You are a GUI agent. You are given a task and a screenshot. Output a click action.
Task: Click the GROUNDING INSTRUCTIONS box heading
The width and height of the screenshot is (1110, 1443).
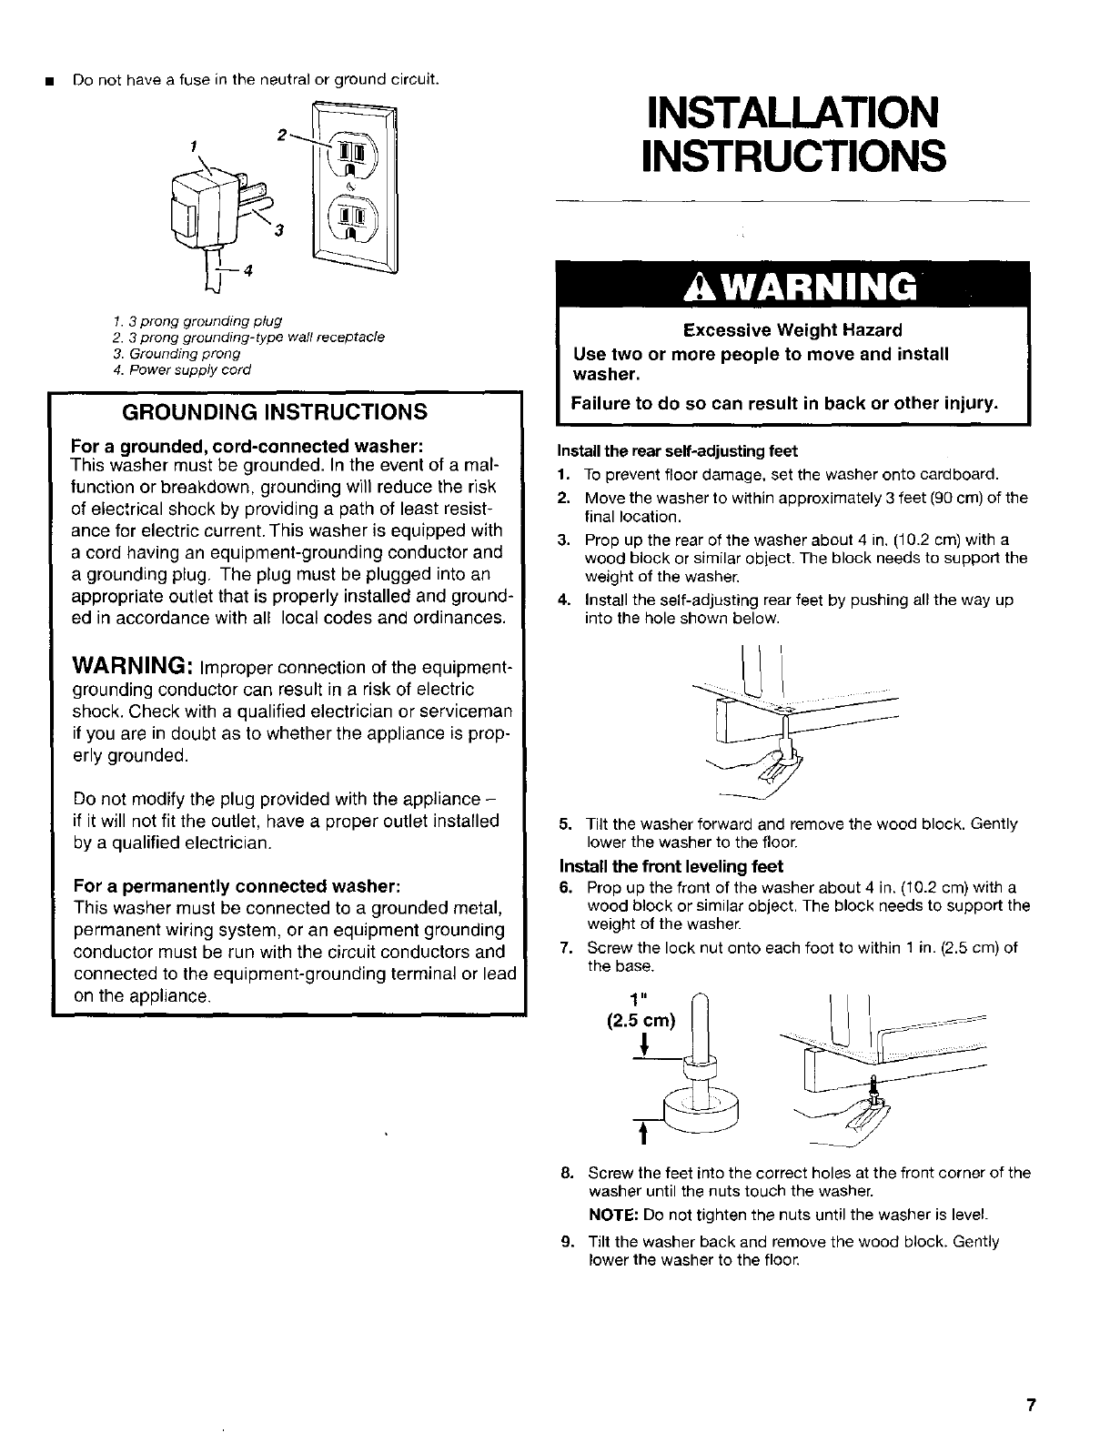pos(275,411)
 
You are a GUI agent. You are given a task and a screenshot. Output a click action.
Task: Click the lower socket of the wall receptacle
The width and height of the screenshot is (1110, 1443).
pos(350,219)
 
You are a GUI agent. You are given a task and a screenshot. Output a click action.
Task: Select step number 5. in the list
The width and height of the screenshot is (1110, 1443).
pos(564,824)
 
